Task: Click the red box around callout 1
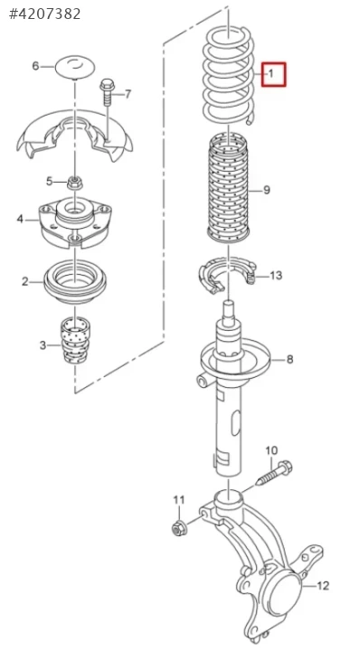273,74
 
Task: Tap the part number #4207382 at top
45,14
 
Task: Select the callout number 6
35,66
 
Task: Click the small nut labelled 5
73,182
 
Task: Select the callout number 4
20,219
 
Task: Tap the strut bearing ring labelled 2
75,283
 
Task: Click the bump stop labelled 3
75,341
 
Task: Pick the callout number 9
267,190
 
